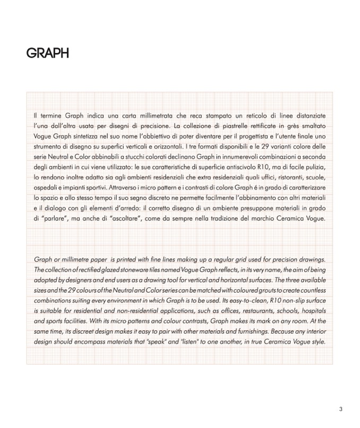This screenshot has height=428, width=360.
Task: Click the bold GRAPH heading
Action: click(x=47, y=54)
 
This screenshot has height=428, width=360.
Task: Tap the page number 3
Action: click(x=341, y=409)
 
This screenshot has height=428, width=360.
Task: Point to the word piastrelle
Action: click(x=221, y=126)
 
